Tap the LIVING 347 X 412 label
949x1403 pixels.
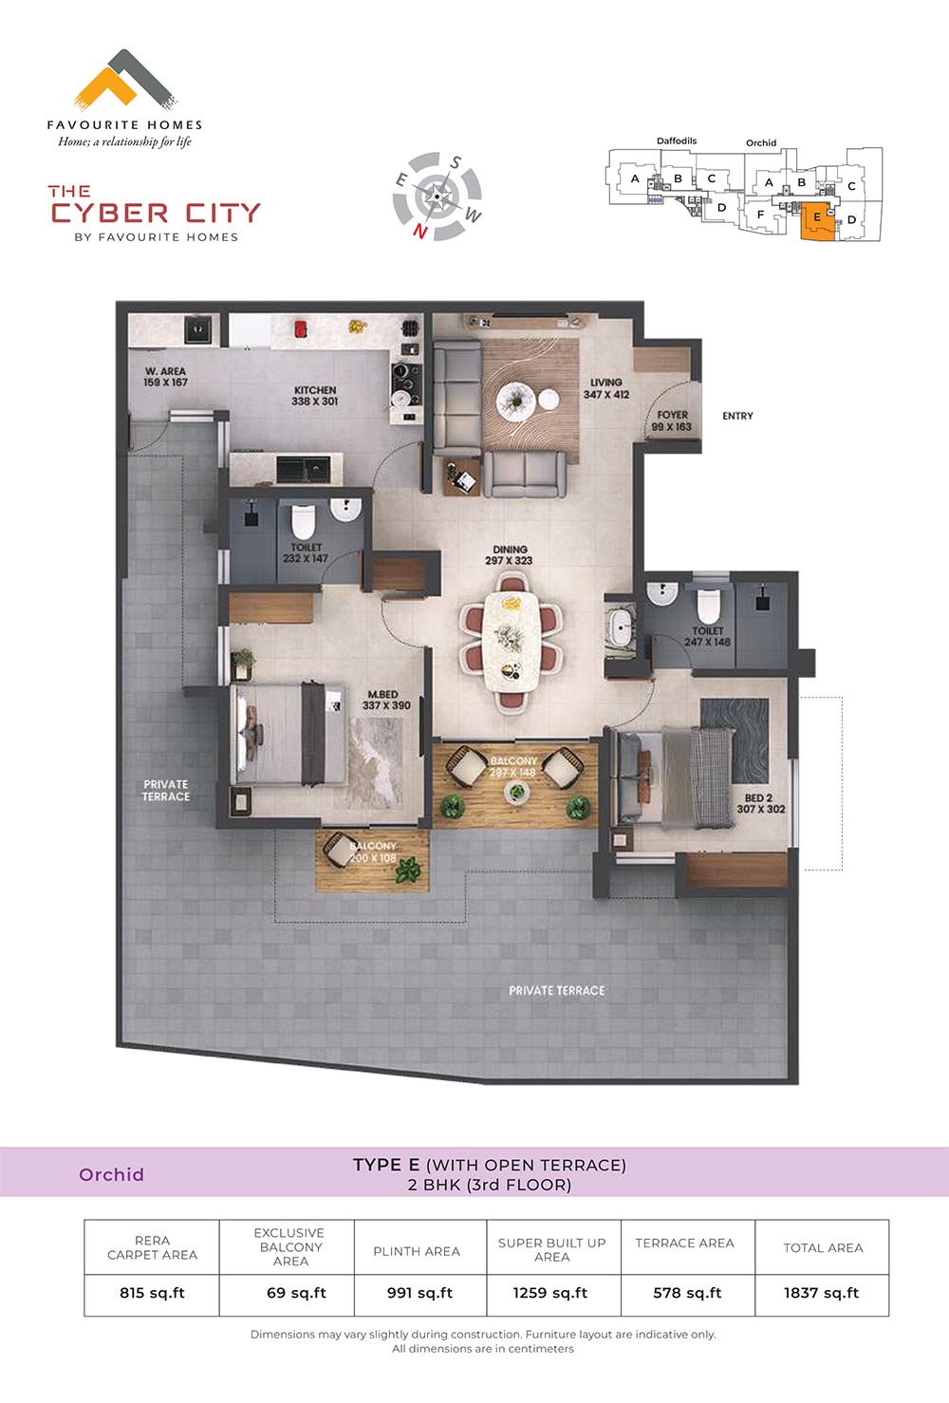606,388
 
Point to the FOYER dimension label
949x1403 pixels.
672,421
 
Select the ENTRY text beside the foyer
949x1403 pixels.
737,416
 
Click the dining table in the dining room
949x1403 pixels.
512,642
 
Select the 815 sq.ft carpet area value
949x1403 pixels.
152,1293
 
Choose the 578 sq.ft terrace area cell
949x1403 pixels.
687,1293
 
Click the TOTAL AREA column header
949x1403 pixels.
823,1247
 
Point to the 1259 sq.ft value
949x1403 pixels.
550,1293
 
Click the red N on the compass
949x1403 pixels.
420,231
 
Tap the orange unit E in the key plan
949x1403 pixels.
817,221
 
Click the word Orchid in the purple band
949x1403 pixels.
111,1174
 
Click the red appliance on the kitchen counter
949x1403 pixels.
301,328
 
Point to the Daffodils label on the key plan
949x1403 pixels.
677,140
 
